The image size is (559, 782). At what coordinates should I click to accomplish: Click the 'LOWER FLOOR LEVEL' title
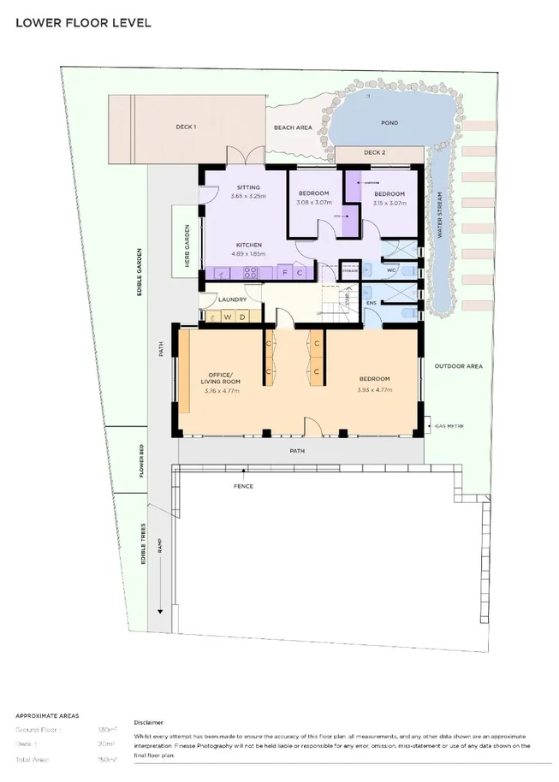point(83,22)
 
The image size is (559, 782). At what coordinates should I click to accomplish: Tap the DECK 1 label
point(187,127)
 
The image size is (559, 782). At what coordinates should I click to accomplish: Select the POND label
point(390,123)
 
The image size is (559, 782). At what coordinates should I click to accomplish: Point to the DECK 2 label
point(374,152)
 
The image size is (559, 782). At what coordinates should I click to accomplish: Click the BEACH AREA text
point(293,127)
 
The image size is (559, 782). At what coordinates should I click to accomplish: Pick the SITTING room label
point(248,187)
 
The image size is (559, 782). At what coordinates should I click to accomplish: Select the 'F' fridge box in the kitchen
point(285,272)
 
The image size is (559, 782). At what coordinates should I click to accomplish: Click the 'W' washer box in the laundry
point(227,317)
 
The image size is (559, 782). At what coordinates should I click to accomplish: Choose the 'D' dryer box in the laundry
point(242,317)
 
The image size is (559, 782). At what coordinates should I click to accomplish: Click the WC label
point(390,271)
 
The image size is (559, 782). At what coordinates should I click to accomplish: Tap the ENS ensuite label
point(372,302)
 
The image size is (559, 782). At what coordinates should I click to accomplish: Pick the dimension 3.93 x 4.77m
point(374,390)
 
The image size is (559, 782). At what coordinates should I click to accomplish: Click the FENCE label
point(244,486)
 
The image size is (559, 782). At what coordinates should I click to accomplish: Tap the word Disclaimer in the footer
point(148,722)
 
